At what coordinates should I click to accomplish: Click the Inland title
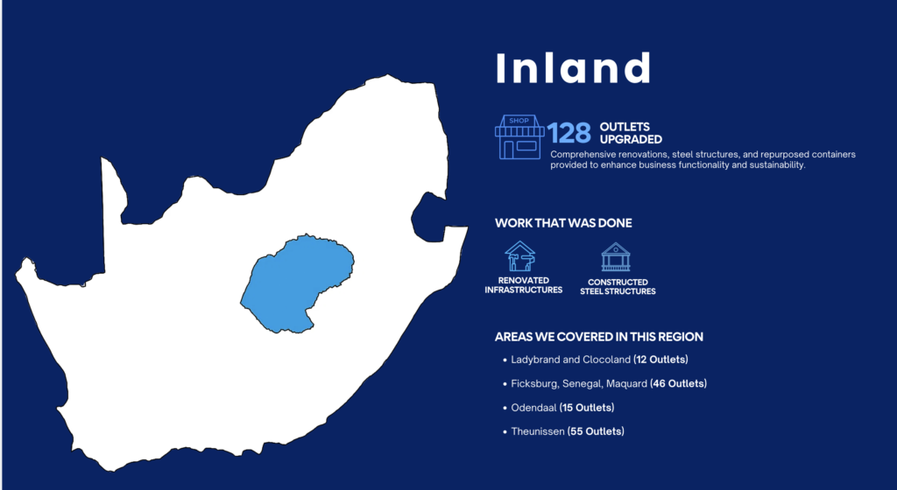(573, 68)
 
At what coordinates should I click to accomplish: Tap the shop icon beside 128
(519, 137)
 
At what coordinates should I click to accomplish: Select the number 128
(569, 133)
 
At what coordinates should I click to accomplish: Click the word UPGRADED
(631, 139)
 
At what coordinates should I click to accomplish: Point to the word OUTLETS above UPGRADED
(625, 127)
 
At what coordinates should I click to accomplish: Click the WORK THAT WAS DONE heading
(563, 223)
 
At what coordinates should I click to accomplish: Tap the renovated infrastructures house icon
(519, 255)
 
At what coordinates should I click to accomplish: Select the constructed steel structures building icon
(616, 257)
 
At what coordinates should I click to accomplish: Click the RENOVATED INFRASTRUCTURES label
(524, 285)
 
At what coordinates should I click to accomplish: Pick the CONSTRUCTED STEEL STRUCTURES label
(618, 287)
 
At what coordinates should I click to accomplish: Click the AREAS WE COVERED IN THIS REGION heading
(599, 337)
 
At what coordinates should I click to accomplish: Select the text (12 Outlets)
(660, 360)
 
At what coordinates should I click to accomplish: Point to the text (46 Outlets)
(679, 384)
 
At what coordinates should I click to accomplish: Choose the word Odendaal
(533, 408)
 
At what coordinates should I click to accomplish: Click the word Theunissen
(538, 431)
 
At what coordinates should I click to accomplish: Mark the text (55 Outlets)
(596, 431)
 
